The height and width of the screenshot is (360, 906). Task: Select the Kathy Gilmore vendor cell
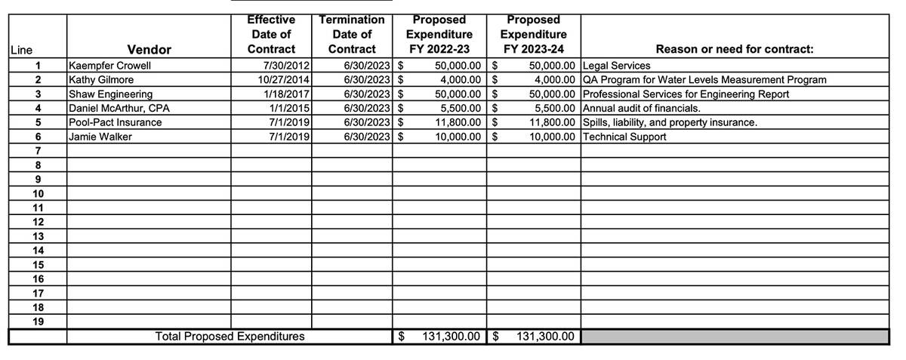pyautogui.click(x=101, y=79)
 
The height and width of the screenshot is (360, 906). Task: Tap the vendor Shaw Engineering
pyautogui.click(x=110, y=94)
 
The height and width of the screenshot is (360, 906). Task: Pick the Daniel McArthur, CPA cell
pyautogui.click(x=119, y=108)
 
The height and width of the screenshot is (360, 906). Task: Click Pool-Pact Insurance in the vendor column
pyautogui.click(x=115, y=122)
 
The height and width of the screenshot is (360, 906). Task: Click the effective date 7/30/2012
pyautogui.click(x=282, y=66)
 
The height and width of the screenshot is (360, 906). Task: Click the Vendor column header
pyautogui.click(x=149, y=50)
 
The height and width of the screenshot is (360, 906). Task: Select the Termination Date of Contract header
pyautogui.click(x=352, y=34)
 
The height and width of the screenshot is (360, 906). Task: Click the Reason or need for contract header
pyautogui.click(x=735, y=50)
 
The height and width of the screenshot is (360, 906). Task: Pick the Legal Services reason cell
pyautogui.click(x=616, y=66)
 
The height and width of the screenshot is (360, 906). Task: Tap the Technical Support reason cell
pyautogui.click(x=624, y=137)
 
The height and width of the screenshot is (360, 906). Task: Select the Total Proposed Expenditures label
pyautogui.click(x=230, y=337)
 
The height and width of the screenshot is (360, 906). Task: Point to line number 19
pyautogui.click(x=38, y=322)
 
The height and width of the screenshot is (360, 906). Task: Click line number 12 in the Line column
pyautogui.click(x=38, y=222)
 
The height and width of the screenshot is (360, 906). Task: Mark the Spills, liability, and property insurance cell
pyautogui.click(x=670, y=122)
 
